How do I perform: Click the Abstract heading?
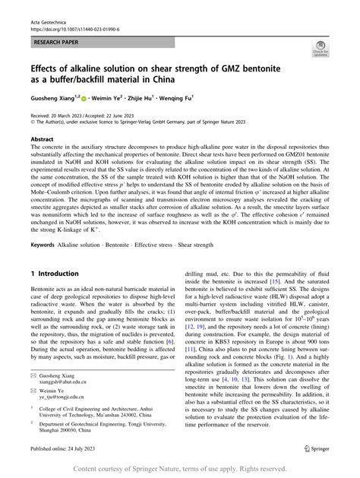point(42,140)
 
